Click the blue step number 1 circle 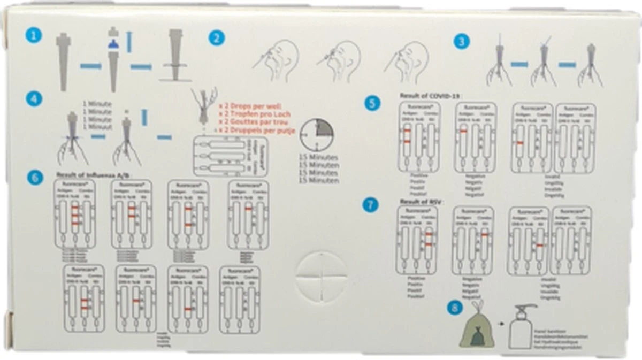[x=33, y=35]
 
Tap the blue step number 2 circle [x=217, y=38]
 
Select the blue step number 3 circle [x=461, y=41]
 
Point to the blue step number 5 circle [x=372, y=103]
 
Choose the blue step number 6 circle [x=35, y=178]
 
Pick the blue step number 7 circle [x=369, y=205]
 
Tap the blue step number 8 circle [x=455, y=308]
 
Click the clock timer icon [x=316, y=135]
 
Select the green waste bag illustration [x=475, y=327]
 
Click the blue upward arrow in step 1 [x=129, y=42]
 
